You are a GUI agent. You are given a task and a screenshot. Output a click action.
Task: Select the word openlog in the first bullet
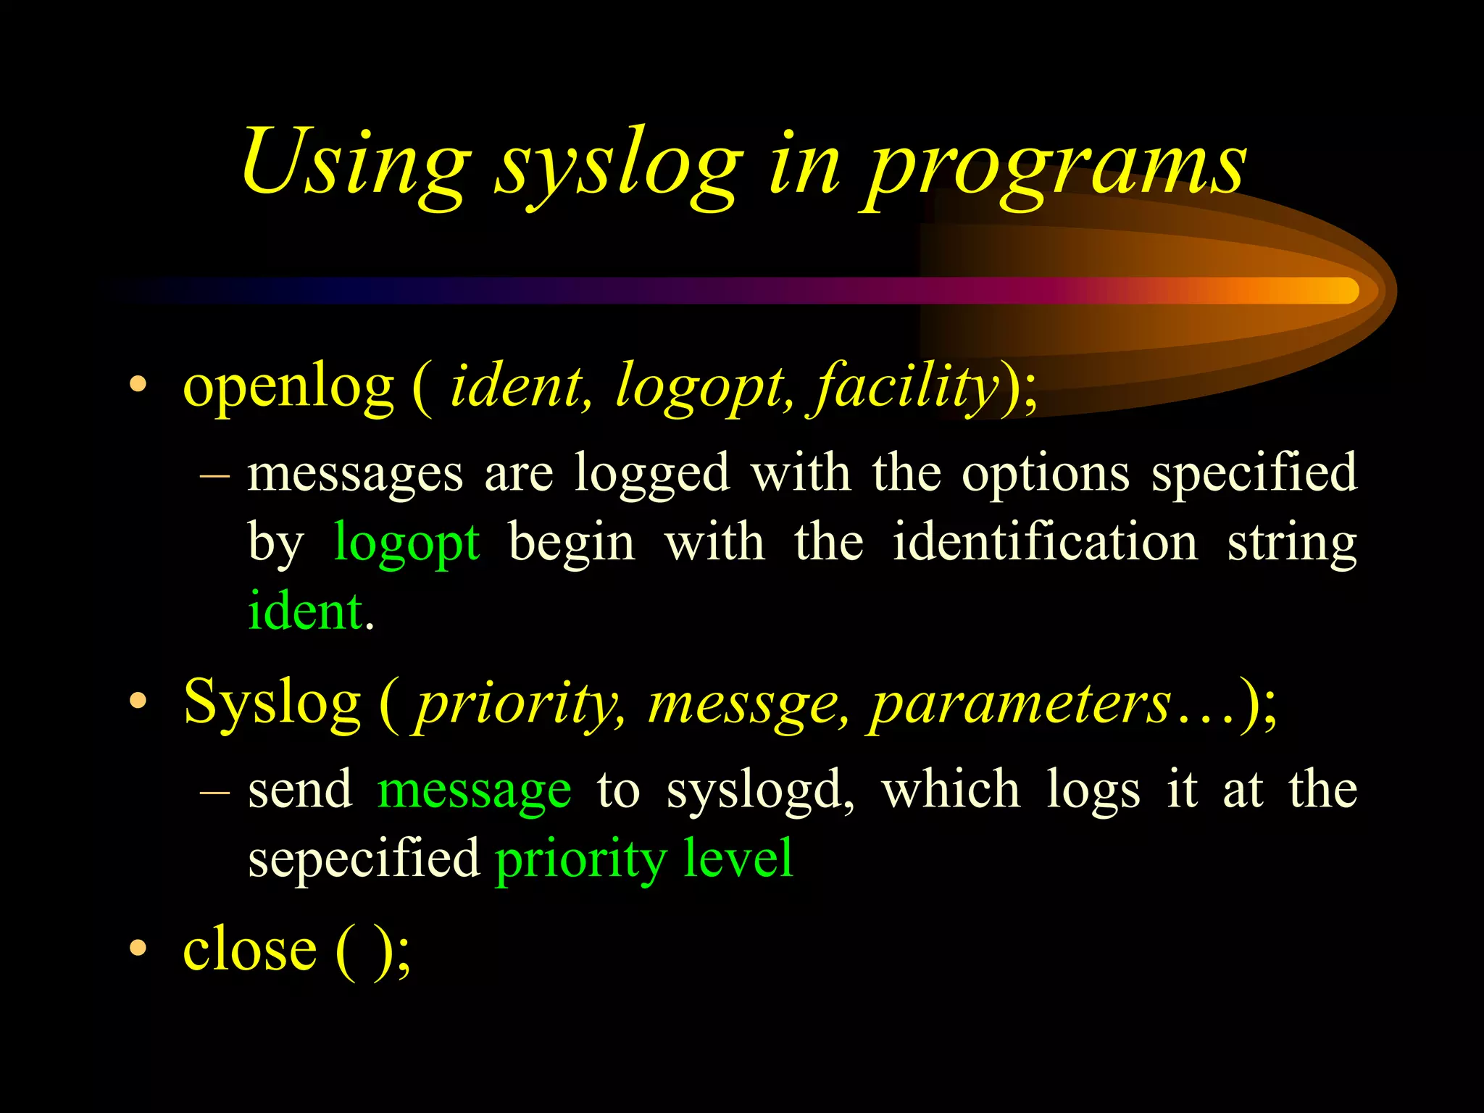click(x=288, y=388)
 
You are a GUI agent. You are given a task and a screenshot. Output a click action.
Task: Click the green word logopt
click(x=407, y=543)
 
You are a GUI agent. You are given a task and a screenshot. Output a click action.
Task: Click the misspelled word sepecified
click(x=364, y=859)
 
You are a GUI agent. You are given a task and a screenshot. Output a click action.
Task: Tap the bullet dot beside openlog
click(x=138, y=385)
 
